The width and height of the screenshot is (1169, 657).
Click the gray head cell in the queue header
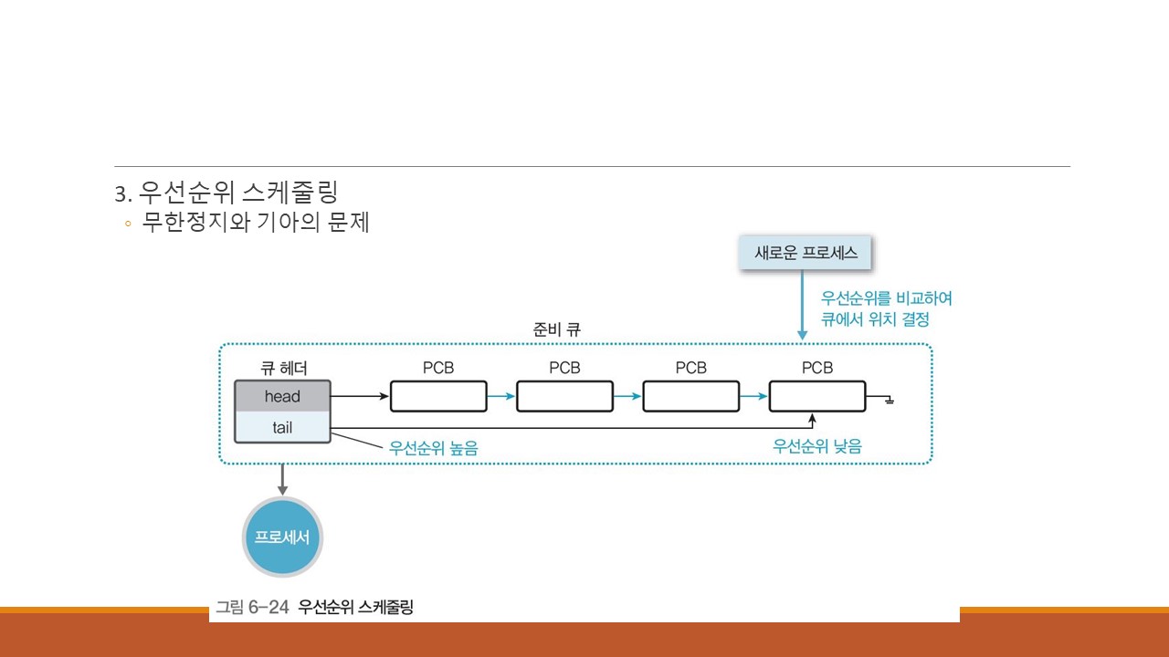pyautogui.click(x=282, y=397)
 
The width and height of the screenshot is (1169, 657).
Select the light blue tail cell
pyautogui.click(x=282, y=427)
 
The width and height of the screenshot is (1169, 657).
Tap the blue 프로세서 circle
pyautogui.click(x=282, y=537)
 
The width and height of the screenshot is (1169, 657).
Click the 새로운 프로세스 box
pyautogui.click(x=806, y=253)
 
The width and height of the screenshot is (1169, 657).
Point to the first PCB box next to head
pyautogui.click(x=438, y=397)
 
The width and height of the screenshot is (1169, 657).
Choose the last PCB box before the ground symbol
pyautogui.click(x=816, y=397)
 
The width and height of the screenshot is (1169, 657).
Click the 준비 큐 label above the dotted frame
pyautogui.click(x=556, y=330)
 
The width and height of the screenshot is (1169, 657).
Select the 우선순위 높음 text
pyautogui.click(x=433, y=448)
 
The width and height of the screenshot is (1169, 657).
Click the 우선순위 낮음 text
pyautogui.click(x=816, y=446)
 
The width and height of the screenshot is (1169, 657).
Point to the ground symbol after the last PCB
pyautogui.click(x=888, y=400)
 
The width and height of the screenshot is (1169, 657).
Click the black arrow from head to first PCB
pyautogui.click(x=360, y=397)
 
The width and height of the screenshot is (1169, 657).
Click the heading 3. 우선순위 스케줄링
pyautogui.click(x=226, y=193)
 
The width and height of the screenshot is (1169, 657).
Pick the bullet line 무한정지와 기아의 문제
pyautogui.click(x=255, y=222)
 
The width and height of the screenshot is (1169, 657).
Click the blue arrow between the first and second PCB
pyautogui.click(x=501, y=397)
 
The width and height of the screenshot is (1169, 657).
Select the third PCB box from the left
pyautogui.click(x=690, y=397)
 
